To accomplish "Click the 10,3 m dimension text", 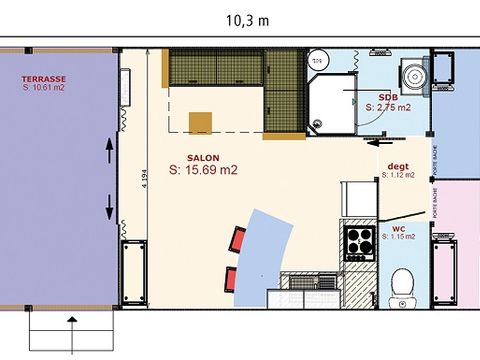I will click(247, 19).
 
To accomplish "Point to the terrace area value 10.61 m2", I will click(46, 88).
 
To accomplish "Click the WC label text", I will click(398, 227).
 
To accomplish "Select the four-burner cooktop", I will click(360, 240).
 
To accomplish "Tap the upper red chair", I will click(238, 239).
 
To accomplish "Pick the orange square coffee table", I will click(202, 121).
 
